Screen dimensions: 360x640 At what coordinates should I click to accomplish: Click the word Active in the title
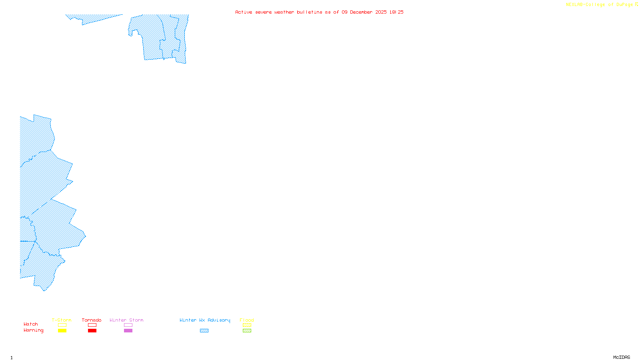pyautogui.click(x=244, y=12)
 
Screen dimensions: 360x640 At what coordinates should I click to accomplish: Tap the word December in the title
pyautogui.click(x=361, y=12)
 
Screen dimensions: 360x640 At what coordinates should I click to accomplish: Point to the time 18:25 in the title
pyautogui.click(x=396, y=12)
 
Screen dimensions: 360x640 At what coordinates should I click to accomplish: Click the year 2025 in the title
pyautogui.click(x=381, y=12)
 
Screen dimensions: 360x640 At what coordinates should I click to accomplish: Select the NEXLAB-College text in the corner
pyautogui.click(x=585, y=5)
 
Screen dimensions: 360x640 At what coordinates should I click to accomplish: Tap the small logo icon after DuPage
pyautogui.click(x=636, y=4)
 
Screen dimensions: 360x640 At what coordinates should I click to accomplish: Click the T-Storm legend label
pyautogui.click(x=62, y=320)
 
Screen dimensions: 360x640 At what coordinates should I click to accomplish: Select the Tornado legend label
pyautogui.click(x=92, y=320)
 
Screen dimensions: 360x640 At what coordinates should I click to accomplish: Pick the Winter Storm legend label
pyautogui.click(x=126, y=320)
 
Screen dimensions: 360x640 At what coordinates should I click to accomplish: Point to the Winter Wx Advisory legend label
pyautogui.click(x=205, y=320)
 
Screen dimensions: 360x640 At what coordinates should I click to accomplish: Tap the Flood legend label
pyautogui.click(x=247, y=320)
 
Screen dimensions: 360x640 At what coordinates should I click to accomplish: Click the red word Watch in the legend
pyautogui.click(x=31, y=324)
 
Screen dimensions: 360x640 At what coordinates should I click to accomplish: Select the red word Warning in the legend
pyautogui.click(x=34, y=330)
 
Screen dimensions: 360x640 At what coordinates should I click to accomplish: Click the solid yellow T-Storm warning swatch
pyautogui.click(x=62, y=331)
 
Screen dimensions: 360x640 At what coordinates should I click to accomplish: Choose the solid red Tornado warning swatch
pyautogui.click(x=92, y=331)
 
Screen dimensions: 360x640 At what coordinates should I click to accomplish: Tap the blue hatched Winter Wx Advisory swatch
pyautogui.click(x=204, y=331)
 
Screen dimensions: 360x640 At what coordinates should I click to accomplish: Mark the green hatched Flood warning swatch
pyautogui.click(x=247, y=331)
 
